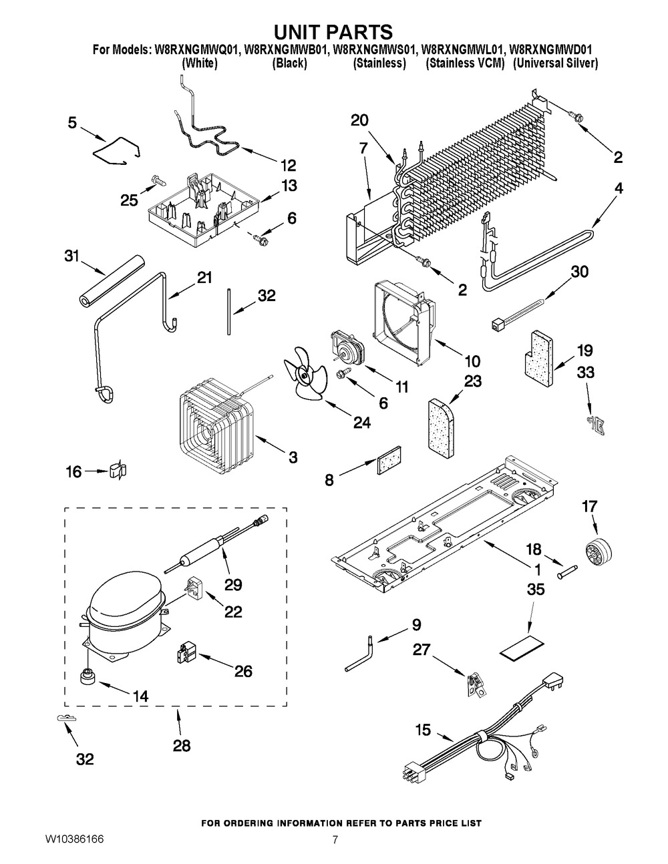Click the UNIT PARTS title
[x=334, y=31]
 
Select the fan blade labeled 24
[x=304, y=378]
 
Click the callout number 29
[x=233, y=585]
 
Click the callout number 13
[x=289, y=186]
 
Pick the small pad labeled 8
[x=388, y=461]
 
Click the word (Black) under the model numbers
[x=289, y=63]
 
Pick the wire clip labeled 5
[x=116, y=150]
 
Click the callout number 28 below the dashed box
[x=181, y=745]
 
